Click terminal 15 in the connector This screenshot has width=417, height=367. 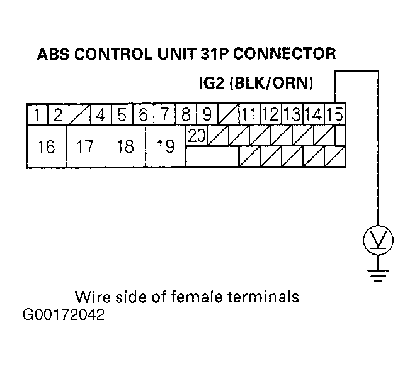point(335,114)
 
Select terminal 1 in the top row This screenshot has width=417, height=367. point(37,114)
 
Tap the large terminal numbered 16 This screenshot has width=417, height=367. point(47,146)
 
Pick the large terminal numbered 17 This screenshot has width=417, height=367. point(86,146)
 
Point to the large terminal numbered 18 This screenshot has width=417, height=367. point(126,146)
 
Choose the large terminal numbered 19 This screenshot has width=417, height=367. point(166,146)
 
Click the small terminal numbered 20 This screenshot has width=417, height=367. point(197,136)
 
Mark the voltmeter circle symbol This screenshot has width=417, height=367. point(378,240)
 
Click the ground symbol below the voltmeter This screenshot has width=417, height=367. point(378,275)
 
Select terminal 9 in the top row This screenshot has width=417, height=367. point(207,114)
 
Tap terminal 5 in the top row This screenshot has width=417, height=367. point(122,114)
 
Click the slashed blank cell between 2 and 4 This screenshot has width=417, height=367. point(80,114)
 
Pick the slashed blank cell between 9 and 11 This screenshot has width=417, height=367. point(229,114)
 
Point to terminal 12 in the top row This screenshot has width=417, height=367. point(271,114)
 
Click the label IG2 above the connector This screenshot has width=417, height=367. point(212,83)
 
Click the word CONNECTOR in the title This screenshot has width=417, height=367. point(285,54)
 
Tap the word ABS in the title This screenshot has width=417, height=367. point(53,54)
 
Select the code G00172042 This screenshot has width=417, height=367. point(64,315)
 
